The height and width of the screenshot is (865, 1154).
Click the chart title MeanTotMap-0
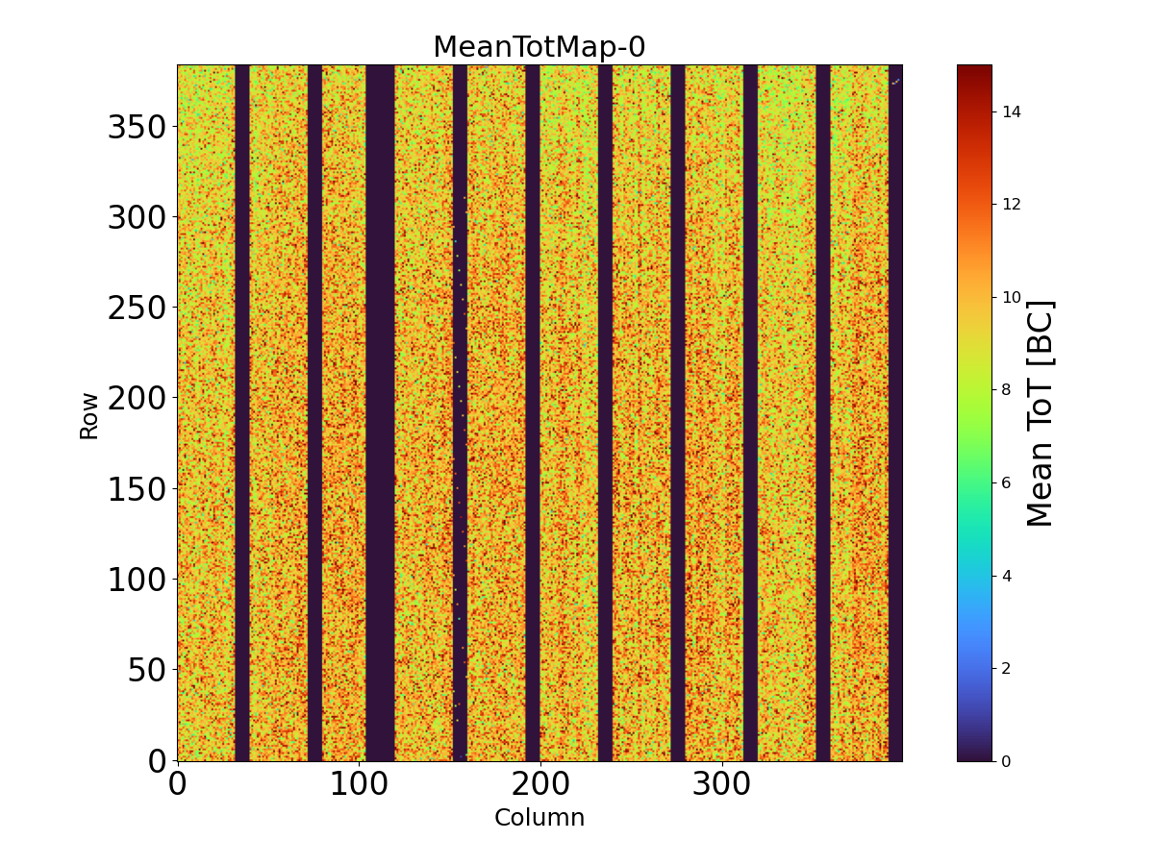(539, 47)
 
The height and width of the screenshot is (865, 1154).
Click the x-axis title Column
(539, 818)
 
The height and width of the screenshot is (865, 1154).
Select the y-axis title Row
(88, 415)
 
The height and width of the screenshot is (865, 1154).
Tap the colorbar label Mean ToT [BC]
(1041, 413)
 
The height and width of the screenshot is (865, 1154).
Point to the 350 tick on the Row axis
(138, 127)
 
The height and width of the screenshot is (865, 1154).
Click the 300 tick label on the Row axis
(138, 217)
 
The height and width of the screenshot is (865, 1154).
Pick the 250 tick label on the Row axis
(138, 308)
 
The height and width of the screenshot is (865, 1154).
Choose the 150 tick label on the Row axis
(138, 488)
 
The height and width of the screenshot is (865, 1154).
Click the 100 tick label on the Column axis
(359, 784)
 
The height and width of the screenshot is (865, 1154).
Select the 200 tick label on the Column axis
(540, 784)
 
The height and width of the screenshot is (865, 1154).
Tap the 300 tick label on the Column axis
(722, 784)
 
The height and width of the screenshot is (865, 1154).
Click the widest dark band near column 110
(380, 413)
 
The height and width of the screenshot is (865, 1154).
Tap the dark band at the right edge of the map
(895, 413)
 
